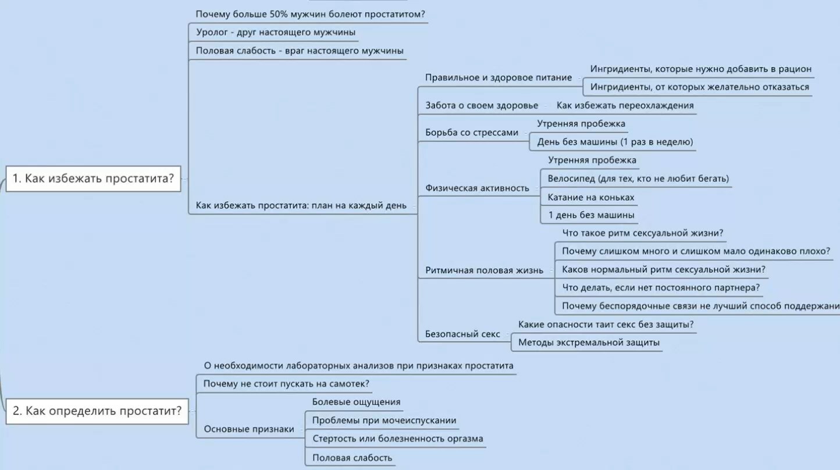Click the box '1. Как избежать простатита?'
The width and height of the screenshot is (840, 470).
(94, 179)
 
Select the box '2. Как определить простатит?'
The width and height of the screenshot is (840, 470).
(97, 411)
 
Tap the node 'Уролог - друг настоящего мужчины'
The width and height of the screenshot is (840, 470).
(276, 32)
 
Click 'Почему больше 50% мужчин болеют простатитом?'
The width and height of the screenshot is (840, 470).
(310, 15)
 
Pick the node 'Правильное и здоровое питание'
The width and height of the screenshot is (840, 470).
(499, 77)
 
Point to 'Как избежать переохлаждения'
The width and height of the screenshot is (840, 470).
(625, 105)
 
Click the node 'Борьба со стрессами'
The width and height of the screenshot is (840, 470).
(472, 133)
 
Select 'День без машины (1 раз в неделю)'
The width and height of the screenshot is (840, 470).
(615, 142)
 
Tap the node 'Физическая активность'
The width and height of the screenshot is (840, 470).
(477, 188)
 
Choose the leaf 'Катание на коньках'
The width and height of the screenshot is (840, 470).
(591, 197)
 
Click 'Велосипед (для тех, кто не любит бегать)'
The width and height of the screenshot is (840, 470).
(638, 179)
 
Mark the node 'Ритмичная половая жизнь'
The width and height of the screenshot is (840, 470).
(484, 270)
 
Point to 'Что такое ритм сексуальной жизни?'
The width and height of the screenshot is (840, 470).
(643, 233)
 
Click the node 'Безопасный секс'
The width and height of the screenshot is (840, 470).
(462, 334)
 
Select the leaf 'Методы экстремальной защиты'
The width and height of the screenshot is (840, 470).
(589, 343)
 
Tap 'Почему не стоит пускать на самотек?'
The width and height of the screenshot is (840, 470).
(286, 384)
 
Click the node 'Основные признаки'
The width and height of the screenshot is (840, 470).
(249, 429)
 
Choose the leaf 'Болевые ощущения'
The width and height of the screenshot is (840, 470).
(356, 402)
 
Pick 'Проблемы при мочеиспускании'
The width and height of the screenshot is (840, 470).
(384, 421)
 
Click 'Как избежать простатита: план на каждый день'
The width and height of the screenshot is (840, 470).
(301, 205)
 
